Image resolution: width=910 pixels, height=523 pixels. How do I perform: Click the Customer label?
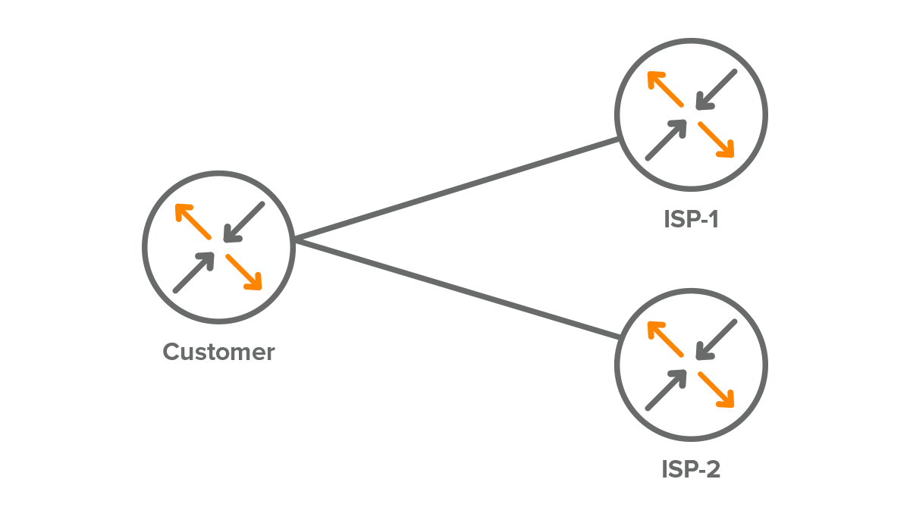coord(218,352)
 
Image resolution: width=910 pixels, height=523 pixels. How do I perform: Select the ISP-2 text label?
coord(690,470)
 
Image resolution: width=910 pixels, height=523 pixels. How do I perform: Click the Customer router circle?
coord(218,247)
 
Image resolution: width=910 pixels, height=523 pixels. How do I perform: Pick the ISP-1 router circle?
coord(691,115)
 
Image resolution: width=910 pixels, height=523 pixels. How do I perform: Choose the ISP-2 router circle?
coord(691,365)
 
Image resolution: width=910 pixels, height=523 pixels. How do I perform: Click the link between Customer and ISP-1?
coord(455,189)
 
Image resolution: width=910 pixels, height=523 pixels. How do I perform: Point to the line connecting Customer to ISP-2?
coord(455,288)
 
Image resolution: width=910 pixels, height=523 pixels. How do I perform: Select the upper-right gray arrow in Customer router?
coord(244,221)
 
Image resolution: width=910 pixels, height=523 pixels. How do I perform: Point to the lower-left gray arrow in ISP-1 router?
coord(666,140)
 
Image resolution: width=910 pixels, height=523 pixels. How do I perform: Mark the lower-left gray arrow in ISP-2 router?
coord(666,390)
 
